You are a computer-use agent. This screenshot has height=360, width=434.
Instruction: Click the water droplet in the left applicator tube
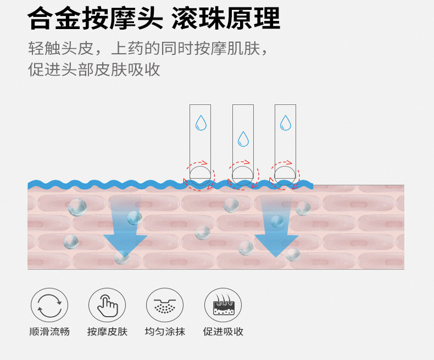click(x=201, y=122)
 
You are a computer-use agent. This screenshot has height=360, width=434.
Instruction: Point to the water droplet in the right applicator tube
click(x=285, y=122)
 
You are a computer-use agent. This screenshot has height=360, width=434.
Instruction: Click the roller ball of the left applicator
click(x=200, y=175)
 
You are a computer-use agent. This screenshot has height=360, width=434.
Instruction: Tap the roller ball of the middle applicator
click(x=243, y=175)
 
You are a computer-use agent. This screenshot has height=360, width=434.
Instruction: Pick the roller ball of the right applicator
click(x=285, y=175)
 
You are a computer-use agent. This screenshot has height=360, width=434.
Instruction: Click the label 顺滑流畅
click(x=49, y=332)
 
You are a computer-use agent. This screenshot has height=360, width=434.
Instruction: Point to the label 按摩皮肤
click(x=107, y=332)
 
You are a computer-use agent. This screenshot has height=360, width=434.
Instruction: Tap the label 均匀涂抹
click(x=165, y=332)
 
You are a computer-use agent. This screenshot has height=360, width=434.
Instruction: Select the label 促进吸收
click(x=223, y=332)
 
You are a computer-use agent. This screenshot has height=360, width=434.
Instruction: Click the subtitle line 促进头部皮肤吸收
click(x=94, y=70)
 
